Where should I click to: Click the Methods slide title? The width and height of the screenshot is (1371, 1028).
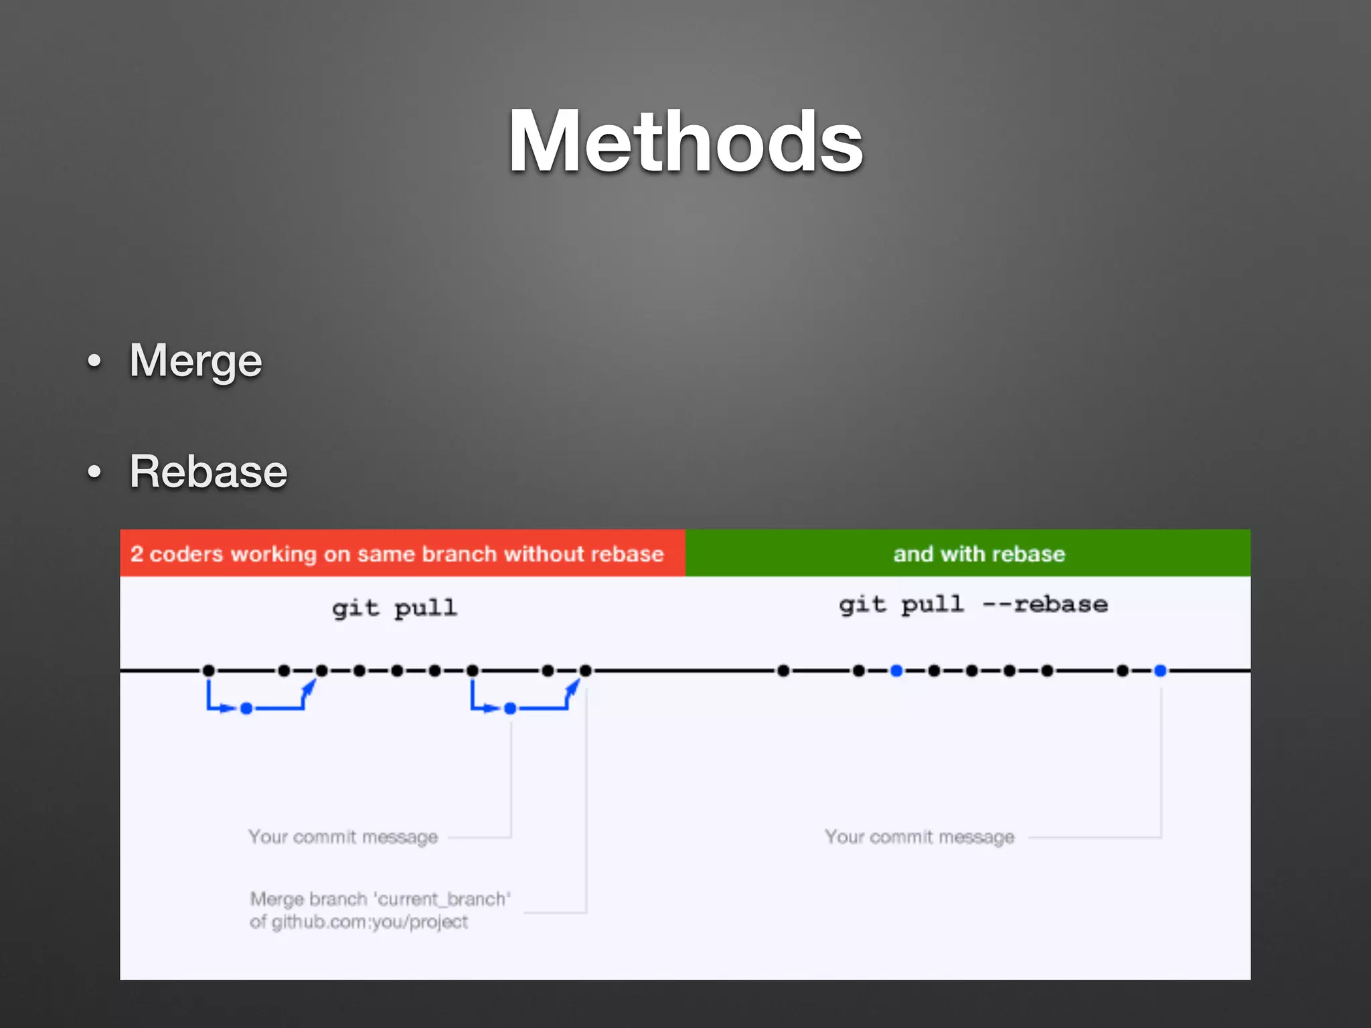[x=685, y=142]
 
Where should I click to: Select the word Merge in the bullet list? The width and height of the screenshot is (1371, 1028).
[x=195, y=361]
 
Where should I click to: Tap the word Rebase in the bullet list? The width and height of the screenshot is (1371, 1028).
[x=208, y=472]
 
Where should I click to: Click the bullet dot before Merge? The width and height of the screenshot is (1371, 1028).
[x=94, y=361]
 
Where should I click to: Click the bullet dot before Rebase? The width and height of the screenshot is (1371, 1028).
[x=94, y=473]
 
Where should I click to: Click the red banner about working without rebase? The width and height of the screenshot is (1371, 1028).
[x=402, y=553]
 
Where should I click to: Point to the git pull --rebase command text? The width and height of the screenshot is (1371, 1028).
[x=973, y=604]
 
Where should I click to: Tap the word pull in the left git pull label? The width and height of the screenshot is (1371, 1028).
[x=426, y=608]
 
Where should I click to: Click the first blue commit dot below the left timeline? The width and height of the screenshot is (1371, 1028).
[x=246, y=708]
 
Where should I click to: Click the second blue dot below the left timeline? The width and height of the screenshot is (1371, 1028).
[x=510, y=708]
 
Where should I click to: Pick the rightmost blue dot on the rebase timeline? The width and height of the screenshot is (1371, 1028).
[x=1161, y=671]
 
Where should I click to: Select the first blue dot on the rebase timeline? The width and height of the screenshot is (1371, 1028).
[x=897, y=671]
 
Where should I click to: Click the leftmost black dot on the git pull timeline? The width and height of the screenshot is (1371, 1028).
[x=209, y=671]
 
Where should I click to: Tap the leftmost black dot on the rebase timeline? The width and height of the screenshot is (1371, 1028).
[x=784, y=671]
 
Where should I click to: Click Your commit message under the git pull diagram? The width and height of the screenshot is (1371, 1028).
[x=343, y=837]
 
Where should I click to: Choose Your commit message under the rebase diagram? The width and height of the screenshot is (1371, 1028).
[x=919, y=837]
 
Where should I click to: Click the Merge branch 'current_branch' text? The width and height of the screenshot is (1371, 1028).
[x=380, y=899]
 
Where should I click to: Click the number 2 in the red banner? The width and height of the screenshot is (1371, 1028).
[x=137, y=554]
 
